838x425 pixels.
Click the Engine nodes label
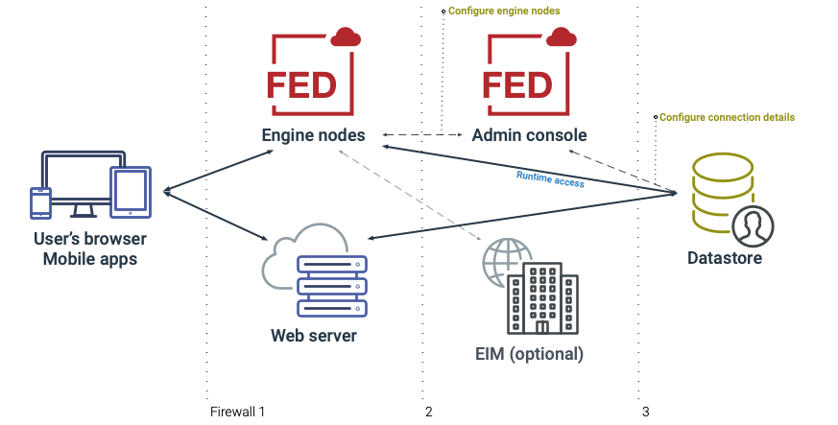click(314, 135)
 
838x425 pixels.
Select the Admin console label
click(529, 135)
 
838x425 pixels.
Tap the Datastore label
click(725, 258)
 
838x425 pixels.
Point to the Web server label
click(314, 336)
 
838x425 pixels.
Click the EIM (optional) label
click(530, 353)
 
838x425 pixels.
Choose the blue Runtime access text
click(550, 178)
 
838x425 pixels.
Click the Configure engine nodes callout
click(504, 11)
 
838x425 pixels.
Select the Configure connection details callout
click(727, 117)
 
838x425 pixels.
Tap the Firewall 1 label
click(237, 412)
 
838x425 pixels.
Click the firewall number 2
click(428, 412)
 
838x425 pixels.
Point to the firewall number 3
click(645, 412)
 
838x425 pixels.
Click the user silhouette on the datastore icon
click(753, 226)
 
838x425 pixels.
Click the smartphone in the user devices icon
click(41, 202)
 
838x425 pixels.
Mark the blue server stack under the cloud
click(332, 286)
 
